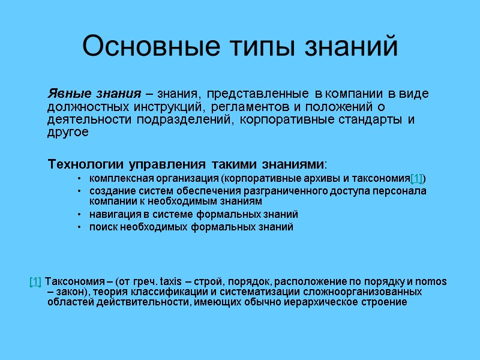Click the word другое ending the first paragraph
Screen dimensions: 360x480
pos(68,132)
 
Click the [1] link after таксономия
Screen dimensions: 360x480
pos(416,179)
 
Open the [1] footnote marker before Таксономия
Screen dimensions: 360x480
pos(35,282)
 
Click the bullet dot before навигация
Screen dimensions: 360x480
pos(80,214)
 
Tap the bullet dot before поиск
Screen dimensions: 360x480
pos(80,227)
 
